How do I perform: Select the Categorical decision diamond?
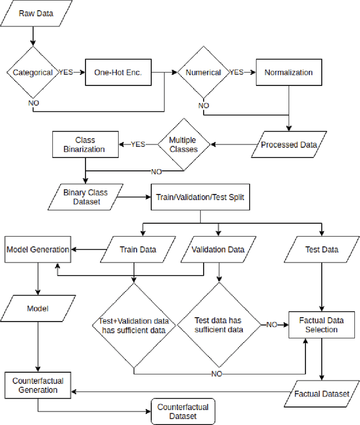(x=32, y=73)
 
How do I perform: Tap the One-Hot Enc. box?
(x=119, y=73)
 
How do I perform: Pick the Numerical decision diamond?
(x=203, y=73)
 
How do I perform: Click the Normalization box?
(x=288, y=73)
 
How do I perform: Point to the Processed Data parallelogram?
(x=289, y=144)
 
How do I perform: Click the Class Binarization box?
(x=85, y=144)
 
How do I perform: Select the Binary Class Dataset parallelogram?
(x=85, y=196)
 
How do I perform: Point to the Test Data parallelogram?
(x=321, y=249)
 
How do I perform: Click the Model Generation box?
(x=38, y=249)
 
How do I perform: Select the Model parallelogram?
(x=38, y=309)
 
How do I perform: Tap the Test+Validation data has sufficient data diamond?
(x=134, y=325)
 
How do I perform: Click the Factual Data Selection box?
(x=322, y=324)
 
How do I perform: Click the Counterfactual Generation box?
(x=38, y=386)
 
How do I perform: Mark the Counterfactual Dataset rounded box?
(x=183, y=412)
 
